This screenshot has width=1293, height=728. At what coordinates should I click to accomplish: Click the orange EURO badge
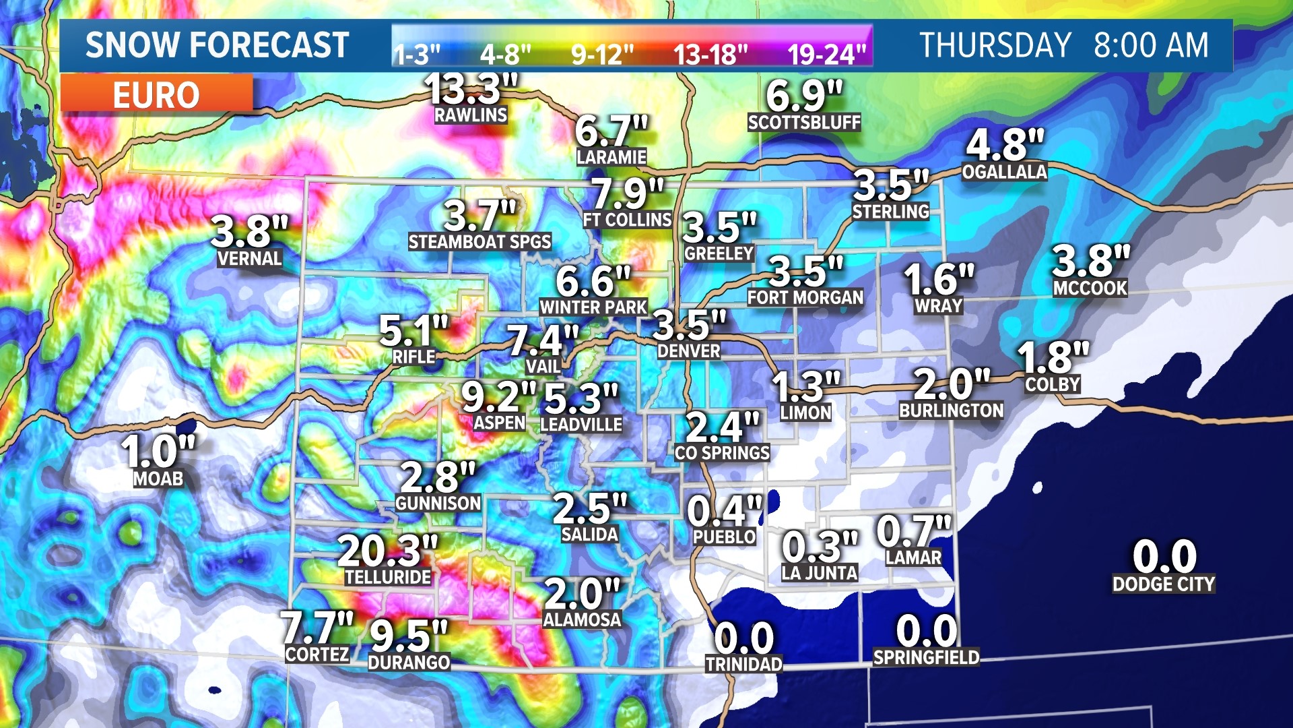(156, 94)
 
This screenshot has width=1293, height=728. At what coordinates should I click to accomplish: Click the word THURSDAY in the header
(995, 46)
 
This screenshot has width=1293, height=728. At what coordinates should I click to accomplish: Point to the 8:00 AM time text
(1151, 46)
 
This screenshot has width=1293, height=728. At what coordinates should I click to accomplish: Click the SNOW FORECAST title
(217, 46)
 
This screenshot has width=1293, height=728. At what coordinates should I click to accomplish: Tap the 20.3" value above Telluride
(388, 551)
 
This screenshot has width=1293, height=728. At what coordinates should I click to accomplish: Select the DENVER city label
(688, 351)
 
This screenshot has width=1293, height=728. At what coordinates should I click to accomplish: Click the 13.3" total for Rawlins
(471, 88)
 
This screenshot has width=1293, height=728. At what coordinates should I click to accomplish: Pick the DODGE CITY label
(1164, 584)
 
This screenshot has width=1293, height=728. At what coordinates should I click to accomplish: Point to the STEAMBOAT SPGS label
(479, 242)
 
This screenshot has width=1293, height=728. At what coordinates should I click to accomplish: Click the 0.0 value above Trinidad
(743, 637)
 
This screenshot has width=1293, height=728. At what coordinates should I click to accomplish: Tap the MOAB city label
(158, 479)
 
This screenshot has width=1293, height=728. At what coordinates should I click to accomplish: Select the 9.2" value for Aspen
(498, 396)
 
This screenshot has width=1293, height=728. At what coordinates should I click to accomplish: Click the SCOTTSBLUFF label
(804, 123)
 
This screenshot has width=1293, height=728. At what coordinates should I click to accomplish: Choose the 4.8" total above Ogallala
(1004, 144)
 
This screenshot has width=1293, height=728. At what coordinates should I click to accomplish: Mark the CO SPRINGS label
(722, 453)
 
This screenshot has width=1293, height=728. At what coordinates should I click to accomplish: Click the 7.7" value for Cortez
(317, 627)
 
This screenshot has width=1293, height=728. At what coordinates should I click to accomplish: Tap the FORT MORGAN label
(805, 298)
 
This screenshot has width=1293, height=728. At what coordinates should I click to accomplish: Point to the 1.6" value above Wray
(938, 279)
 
